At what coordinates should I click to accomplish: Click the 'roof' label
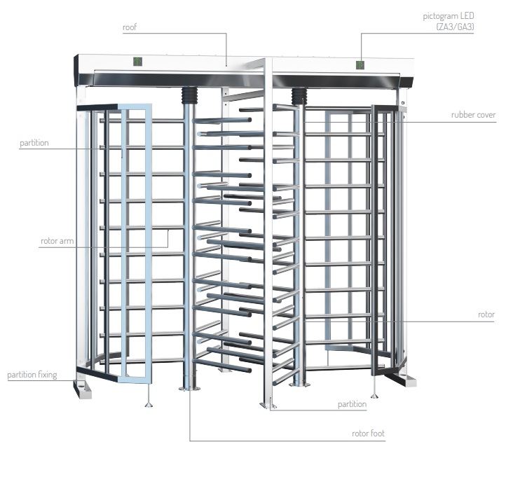[x=130, y=27]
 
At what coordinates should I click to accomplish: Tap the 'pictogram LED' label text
[x=448, y=16]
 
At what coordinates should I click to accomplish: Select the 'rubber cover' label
[x=473, y=115]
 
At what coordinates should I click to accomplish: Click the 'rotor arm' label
[x=57, y=241]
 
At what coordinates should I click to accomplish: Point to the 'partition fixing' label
[x=32, y=375]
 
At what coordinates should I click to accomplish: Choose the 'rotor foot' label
[x=368, y=434]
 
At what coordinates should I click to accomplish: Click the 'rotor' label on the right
[x=486, y=314]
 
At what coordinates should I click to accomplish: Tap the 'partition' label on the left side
[x=34, y=143]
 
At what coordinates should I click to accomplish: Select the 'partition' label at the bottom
[x=352, y=403]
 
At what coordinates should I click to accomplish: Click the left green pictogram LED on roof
[x=138, y=62]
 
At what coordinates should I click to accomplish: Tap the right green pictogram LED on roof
[x=360, y=65]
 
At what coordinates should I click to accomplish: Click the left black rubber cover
[x=189, y=95]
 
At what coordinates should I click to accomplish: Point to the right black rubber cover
[x=299, y=97]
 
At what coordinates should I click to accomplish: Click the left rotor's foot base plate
[x=189, y=388]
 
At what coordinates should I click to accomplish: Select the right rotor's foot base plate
[x=298, y=385]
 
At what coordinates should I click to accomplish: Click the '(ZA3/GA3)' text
[x=455, y=27]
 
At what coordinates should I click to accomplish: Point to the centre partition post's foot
[x=268, y=406]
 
